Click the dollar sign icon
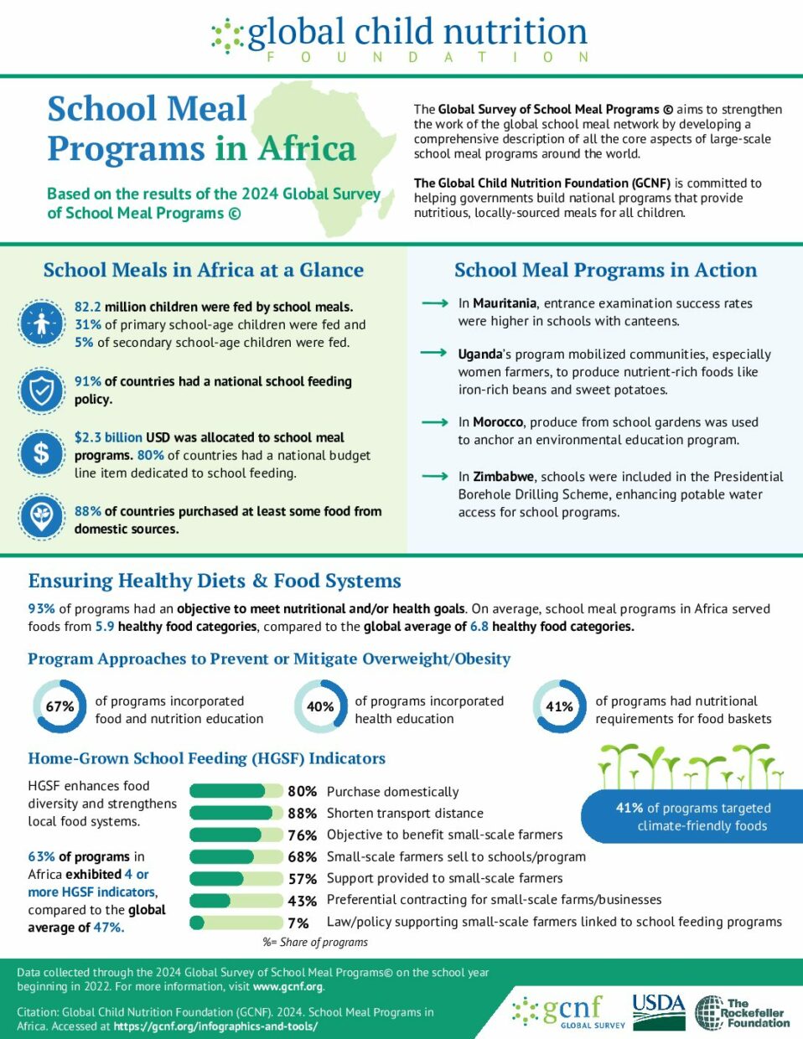point(42,453)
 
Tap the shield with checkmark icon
point(42,390)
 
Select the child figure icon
point(42,323)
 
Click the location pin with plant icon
point(42,517)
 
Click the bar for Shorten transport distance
point(236,813)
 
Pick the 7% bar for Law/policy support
point(236,923)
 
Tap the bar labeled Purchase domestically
point(236,791)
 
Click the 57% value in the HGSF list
point(303,879)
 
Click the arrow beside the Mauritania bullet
point(435,303)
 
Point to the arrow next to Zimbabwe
point(435,476)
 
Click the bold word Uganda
point(480,354)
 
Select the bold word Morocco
point(498,422)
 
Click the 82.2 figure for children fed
point(87,307)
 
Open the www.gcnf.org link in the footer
point(288,986)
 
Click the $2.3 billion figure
point(108,437)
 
